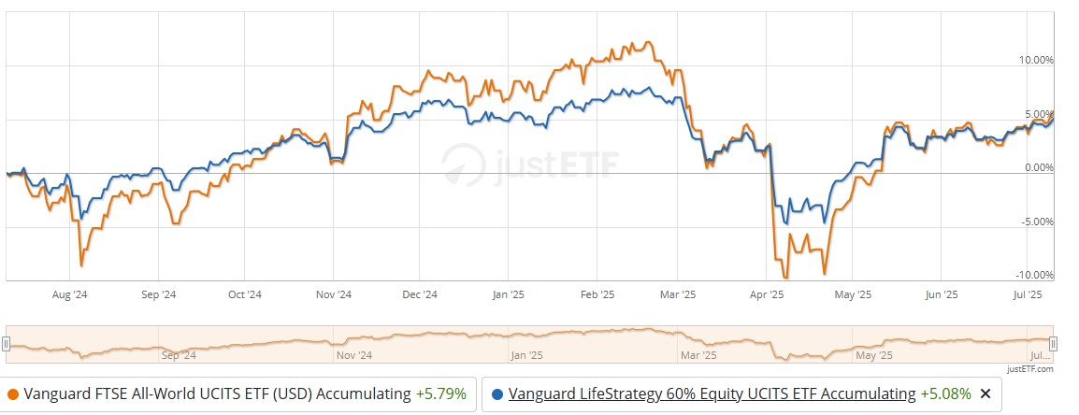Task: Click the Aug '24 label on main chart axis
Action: [x=70, y=294]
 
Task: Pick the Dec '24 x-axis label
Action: [x=420, y=294]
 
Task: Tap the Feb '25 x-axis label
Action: [x=596, y=294]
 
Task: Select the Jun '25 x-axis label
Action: [x=941, y=294]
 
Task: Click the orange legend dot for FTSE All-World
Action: [x=12, y=394]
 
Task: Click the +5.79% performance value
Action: [x=441, y=394]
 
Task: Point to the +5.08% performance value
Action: [x=945, y=394]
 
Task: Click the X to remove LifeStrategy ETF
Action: [x=984, y=394]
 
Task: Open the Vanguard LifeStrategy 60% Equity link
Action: [x=712, y=394]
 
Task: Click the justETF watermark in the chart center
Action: [x=527, y=165]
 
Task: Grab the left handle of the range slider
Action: [x=6, y=343]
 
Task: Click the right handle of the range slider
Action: [x=1053, y=343]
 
